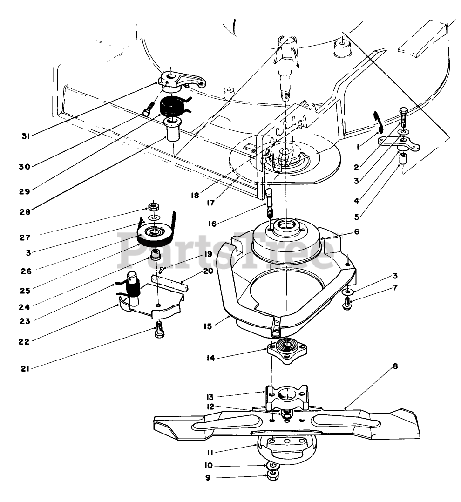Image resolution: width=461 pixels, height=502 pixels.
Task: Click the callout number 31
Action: tap(26, 136)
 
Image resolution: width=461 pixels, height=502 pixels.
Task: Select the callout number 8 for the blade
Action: tap(395, 366)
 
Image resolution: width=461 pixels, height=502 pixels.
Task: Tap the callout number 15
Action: tap(208, 326)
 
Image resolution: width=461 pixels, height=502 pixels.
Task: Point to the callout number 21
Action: tap(25, 369)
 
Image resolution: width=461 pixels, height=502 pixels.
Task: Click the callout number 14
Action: tap(210, 358)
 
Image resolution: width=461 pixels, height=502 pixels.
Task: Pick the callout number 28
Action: tap(25, 212)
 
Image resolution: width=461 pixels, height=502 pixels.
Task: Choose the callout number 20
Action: tap(208, 271)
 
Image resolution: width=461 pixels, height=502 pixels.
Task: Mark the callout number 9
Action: tap(208, 478)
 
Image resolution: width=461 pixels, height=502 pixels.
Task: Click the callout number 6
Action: tap(357, 231)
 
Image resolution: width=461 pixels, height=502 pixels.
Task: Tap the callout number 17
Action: tap(210, 203)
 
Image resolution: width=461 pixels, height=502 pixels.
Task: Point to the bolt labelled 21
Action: tap(159, 330)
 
